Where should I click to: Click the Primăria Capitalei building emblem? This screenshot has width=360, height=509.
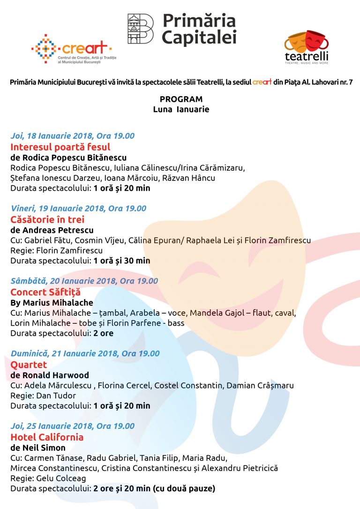140,29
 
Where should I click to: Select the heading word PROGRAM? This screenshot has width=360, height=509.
181,99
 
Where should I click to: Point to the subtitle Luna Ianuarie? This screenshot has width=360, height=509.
181,110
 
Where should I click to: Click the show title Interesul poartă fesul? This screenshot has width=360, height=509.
60,147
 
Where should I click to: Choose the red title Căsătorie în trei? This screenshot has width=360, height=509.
47,219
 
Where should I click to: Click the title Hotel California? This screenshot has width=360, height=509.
47,437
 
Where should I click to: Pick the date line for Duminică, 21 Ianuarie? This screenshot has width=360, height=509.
85,354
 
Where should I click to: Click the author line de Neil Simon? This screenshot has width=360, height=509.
38,448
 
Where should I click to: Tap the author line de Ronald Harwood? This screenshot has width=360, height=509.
49,375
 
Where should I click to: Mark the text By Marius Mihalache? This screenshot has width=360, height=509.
52,302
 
